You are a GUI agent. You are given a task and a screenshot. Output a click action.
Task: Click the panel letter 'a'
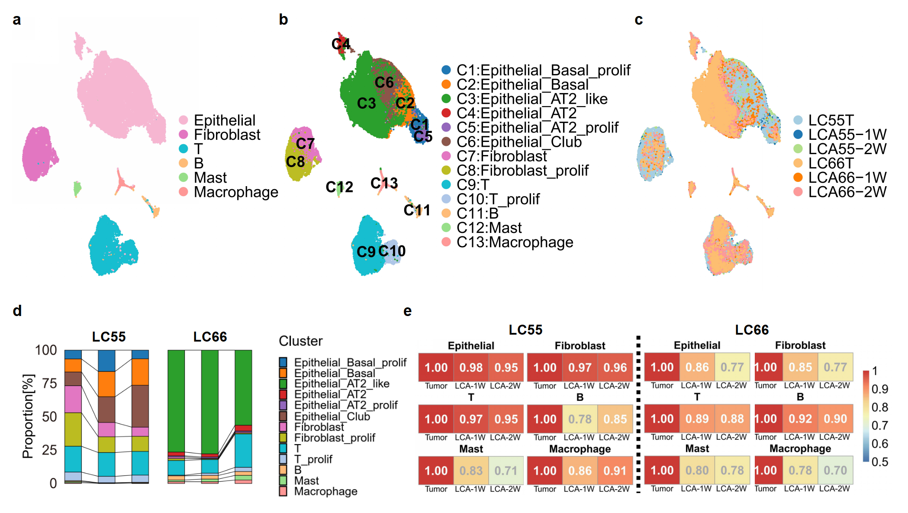point(16,20)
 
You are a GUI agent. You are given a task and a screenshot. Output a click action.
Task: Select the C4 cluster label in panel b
point(341,44)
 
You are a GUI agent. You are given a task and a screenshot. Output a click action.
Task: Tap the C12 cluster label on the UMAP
point(339,187)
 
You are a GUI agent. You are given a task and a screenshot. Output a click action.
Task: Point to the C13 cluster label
point(384,183)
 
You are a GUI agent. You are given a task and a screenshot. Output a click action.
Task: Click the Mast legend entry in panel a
point(210,177)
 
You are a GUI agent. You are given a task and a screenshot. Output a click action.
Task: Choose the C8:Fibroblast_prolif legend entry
point(522,171)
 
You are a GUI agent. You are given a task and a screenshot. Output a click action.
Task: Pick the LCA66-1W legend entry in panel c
point(847,177)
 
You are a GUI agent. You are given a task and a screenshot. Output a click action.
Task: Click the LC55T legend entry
point(831,120)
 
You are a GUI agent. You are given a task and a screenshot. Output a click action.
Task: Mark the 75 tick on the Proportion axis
point(49,384)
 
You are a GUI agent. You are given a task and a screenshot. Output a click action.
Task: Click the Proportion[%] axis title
point(28,416)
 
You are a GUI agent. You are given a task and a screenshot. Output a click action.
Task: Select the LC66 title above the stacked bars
point(210,337)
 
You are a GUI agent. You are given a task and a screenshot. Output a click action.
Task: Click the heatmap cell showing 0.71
point(506,471)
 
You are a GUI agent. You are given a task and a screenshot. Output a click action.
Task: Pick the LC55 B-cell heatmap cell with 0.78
point(580,419)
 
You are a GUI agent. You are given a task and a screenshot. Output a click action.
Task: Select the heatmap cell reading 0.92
point(800,419)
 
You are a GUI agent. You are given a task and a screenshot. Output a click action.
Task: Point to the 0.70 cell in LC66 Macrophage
point(835,470)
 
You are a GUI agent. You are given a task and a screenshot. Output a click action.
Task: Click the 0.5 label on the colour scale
point(879,462)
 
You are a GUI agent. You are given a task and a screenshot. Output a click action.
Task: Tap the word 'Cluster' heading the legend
point(301,341)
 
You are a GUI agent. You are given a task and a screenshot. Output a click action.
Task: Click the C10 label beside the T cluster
point(392,251)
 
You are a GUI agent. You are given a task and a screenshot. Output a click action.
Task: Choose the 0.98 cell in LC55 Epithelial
point(471,368)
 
